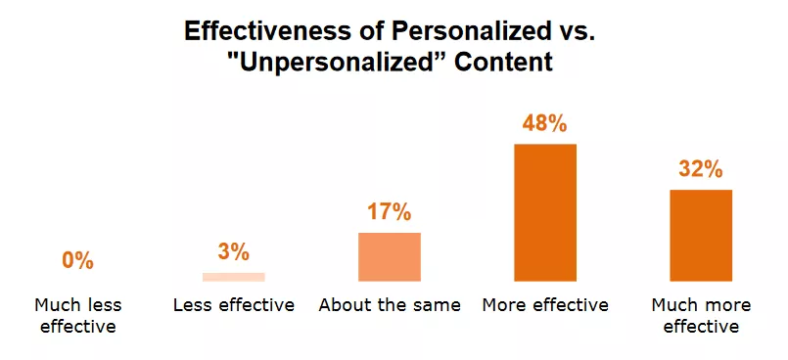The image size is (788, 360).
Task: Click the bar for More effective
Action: (545, 212)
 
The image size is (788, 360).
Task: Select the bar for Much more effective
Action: (701, 235)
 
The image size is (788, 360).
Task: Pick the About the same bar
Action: (390, 256)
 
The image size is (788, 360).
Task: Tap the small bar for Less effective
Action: (233, 277)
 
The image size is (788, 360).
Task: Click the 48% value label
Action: (545, 124)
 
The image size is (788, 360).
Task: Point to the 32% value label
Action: (701, 169)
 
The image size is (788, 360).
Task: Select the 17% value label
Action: (390, 212)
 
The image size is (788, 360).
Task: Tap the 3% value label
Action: (233, 252)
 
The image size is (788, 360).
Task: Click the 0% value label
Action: (77, 260)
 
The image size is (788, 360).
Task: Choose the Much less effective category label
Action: (77, 315)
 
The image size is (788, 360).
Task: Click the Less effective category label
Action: (233, 305)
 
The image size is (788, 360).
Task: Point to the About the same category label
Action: (390, 305)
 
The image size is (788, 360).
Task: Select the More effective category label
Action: (545, 305)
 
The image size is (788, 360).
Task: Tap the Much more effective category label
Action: (701, 315)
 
